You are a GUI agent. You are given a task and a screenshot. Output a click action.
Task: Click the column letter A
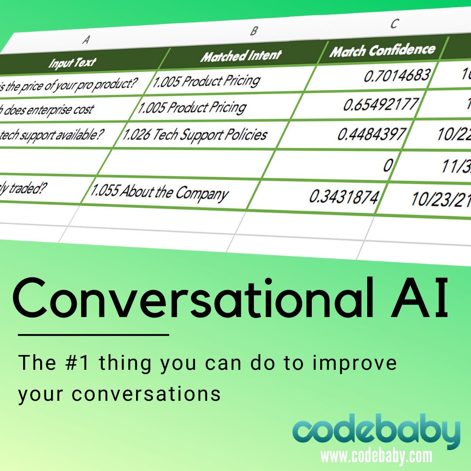pos(86,40)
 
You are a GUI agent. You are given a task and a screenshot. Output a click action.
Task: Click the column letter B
pos(254,31)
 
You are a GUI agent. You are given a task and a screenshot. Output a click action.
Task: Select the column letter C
pos(394,24)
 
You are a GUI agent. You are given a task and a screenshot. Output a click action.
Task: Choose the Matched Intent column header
pos(241,56)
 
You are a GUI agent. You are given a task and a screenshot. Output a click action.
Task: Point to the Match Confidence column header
pos(382,51)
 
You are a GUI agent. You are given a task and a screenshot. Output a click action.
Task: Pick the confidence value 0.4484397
pos(372,134)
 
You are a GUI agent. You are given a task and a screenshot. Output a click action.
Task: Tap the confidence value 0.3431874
pos(343,197)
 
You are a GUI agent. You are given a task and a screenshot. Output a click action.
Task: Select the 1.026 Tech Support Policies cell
pos(195,134)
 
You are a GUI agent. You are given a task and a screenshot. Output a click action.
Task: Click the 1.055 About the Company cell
pos(159,192)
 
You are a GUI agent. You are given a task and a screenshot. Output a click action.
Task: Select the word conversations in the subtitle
pos(146,394)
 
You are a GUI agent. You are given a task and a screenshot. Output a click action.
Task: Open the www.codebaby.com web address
pos(376,456)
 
